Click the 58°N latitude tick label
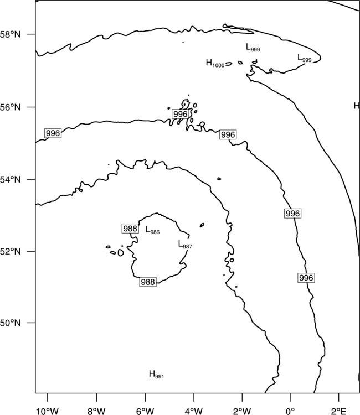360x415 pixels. point(11,34)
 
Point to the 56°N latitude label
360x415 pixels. point(11,107)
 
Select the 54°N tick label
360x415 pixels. point(11,180)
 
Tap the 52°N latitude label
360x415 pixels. point(11,251)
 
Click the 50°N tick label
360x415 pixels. point(11,323)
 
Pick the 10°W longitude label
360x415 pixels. point(48,411)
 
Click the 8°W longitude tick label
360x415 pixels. point(96,411)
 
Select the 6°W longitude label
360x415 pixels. point(145,411)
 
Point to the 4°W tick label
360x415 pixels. point(194,411)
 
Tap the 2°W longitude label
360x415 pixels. point(242,411)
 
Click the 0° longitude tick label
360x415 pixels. point(290,411)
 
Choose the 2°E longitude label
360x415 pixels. point(339,411)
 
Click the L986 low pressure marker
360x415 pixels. point(152,230)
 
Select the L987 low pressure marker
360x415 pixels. point(185,245)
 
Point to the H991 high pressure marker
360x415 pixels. point(156,375)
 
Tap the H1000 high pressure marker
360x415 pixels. point(215,63)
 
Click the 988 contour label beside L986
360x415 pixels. point(130,229)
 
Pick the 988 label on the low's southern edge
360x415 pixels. point(148,282)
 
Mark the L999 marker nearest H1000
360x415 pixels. point(253,48)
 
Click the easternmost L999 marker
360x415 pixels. point(305,58)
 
